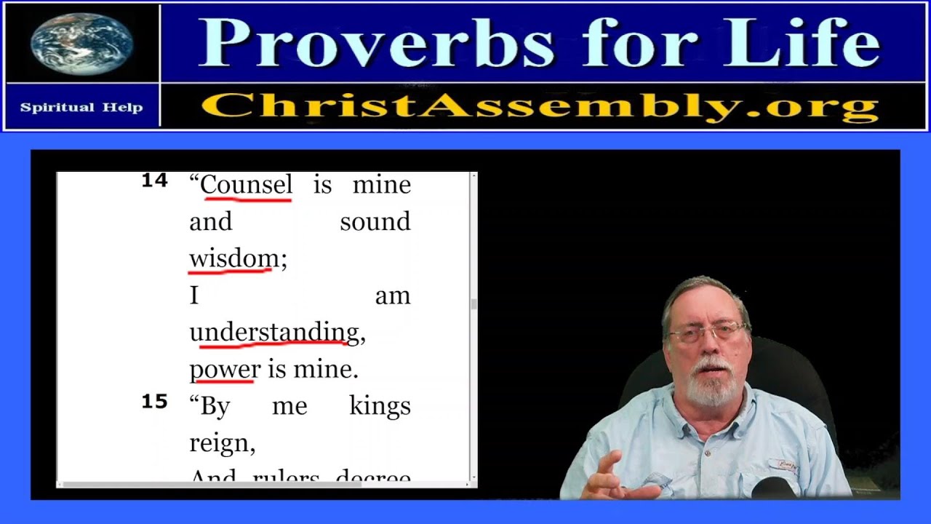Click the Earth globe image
point(81,42)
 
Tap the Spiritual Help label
point(81,107)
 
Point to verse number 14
point(154,181)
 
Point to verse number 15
point(154,402)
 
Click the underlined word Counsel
point(247,185)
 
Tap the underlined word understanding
point(274,332)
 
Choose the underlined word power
point(224,369)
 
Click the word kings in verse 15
point(380,405)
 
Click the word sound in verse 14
point(375,222)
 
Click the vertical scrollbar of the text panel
point(474,304)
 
